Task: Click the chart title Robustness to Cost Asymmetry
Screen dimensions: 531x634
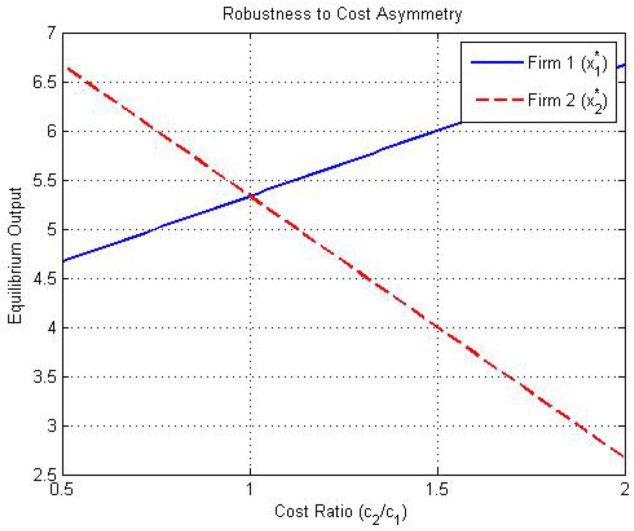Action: coord(342,14)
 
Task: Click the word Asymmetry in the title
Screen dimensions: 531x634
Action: coord(419,14)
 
